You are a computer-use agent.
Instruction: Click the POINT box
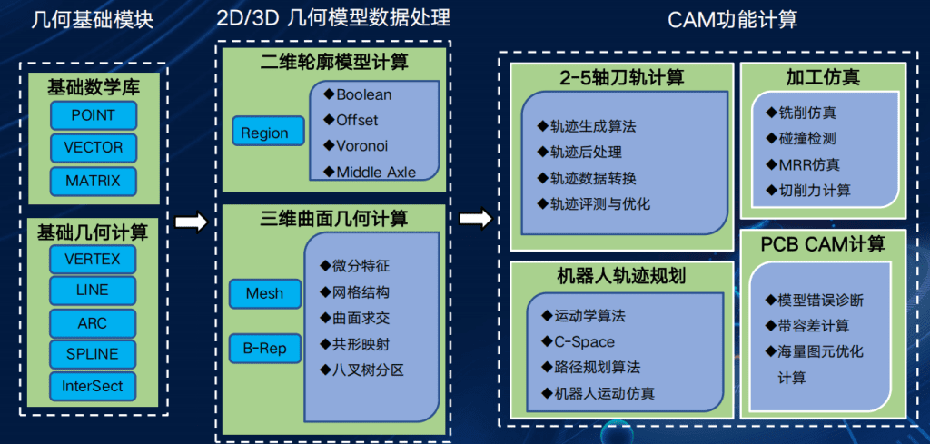pyautogui.click(x=92, y=115)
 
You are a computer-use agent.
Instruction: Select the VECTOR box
pyautogui.click(x=93, y=148)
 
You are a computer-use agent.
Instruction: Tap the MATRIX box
pyautogui.click(x=93, y=181)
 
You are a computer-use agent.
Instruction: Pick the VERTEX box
pyautogui.click(x=92, y=260)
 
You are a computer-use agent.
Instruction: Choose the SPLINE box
pyautogui.click(x=92, y=354)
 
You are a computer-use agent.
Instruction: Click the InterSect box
pyautogui.click(x=92, y=386)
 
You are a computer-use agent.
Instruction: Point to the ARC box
pyautogui.click(x=92, y=322)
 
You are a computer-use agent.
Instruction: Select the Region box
pyautogui.click(x=264, y=133)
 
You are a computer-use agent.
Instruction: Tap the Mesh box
pyautogui.click(x=264, y=293)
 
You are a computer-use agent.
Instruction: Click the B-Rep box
pyautogui.click(x=264, y=347)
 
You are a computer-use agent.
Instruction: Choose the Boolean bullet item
pyautogui.click(x=358, y=94)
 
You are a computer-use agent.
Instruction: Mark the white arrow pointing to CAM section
pyautogui.click(x=475, y=219)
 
